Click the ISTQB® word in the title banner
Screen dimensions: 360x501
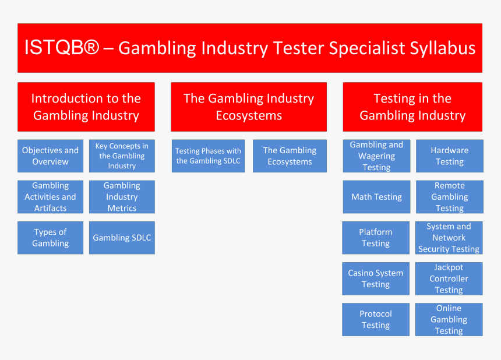[x=61, y=48]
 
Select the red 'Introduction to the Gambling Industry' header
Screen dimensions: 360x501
[x=86, y=107]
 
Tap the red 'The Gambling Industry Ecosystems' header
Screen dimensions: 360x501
[x=249, y=107]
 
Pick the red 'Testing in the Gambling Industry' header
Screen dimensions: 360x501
[x=412, y=107]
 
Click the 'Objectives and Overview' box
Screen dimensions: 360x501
[x=51, y=156]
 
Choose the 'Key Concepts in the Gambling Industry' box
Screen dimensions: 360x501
[x=122, y=156]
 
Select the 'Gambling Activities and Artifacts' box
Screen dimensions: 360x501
[x=51, y=197]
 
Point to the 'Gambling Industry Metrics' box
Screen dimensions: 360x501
[x=122, y=197]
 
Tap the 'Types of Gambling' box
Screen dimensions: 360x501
[x=51, y=238]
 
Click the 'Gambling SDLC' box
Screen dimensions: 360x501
[x=122, y=238]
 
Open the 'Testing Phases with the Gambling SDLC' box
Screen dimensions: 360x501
[x=208, y=156]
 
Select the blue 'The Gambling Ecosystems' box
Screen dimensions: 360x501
[x=290, y=156]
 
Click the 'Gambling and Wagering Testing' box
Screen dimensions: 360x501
[x=376, y=156]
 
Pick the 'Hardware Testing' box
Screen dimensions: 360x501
[x=450, y=156]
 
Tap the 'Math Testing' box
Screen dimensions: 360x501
[x=376, y=197]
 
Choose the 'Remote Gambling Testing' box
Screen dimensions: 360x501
[x=450, y=197]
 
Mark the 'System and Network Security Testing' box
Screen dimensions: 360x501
[x=449, y=238]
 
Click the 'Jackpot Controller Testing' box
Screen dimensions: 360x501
[x=449, y=278]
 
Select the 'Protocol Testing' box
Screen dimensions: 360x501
[x=376, y=319]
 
